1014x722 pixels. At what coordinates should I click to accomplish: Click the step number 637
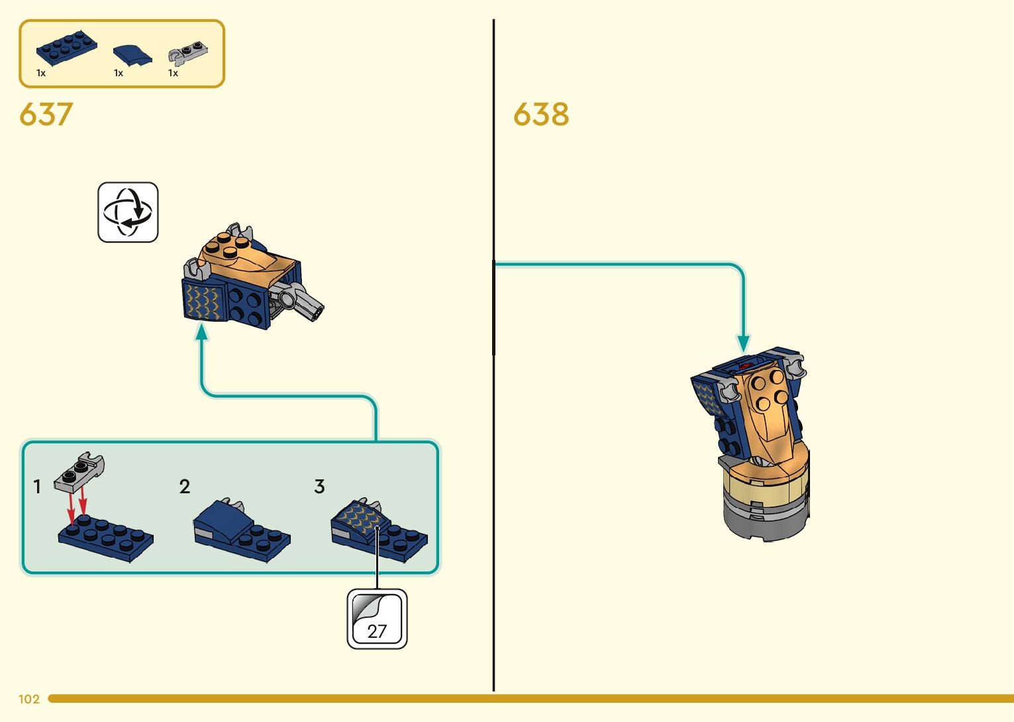[46, 115]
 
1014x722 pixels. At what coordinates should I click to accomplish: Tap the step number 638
[540, 115]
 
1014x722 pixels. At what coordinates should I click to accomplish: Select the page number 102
[29, 699]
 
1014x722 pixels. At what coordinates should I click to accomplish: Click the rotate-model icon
[128, 212]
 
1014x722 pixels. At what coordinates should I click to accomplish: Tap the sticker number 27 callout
[377, 619]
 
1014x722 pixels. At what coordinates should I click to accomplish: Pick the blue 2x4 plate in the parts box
[66, 48]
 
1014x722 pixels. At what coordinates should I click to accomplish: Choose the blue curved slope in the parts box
[132, 55]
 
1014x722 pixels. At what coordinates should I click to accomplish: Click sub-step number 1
[38, 487]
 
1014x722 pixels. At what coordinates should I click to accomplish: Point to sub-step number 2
[184, 487]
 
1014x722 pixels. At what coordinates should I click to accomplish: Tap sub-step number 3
[319, 487]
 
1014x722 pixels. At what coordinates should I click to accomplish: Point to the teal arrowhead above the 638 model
[743, 343]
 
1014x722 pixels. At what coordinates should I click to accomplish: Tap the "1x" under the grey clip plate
[173, 73]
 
